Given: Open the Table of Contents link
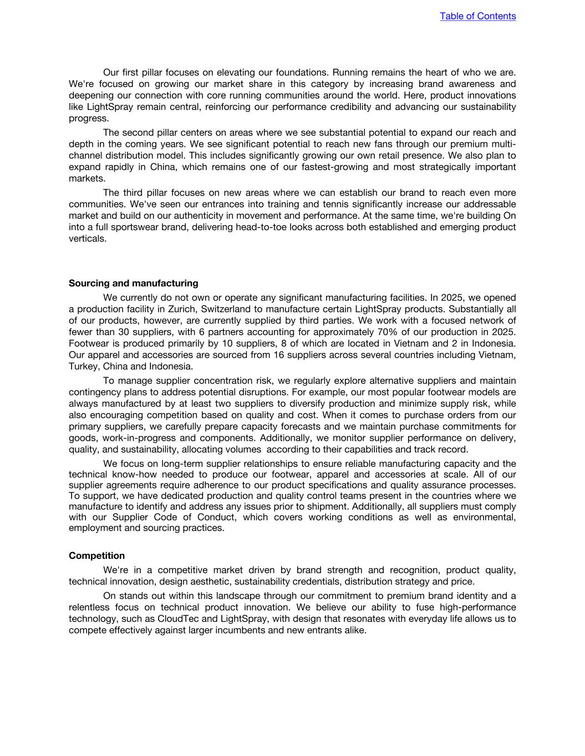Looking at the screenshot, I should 477,16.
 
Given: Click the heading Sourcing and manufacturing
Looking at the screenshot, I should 133,283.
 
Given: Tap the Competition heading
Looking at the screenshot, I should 96,556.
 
